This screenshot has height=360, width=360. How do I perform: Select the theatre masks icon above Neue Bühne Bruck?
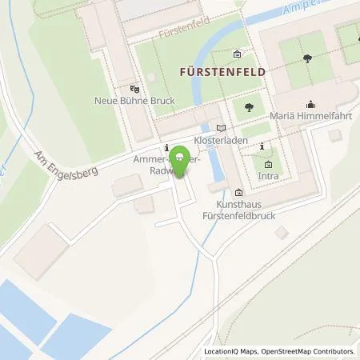click(x=134, y=89)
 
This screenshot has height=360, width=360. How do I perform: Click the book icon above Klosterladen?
click(x=222, y=127)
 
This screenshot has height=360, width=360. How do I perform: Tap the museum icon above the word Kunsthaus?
click(x=238, y=192)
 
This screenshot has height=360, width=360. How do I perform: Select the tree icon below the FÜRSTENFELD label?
click(x=250, y=106)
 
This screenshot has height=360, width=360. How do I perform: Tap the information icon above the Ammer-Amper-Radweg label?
click(x=165, y=148)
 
